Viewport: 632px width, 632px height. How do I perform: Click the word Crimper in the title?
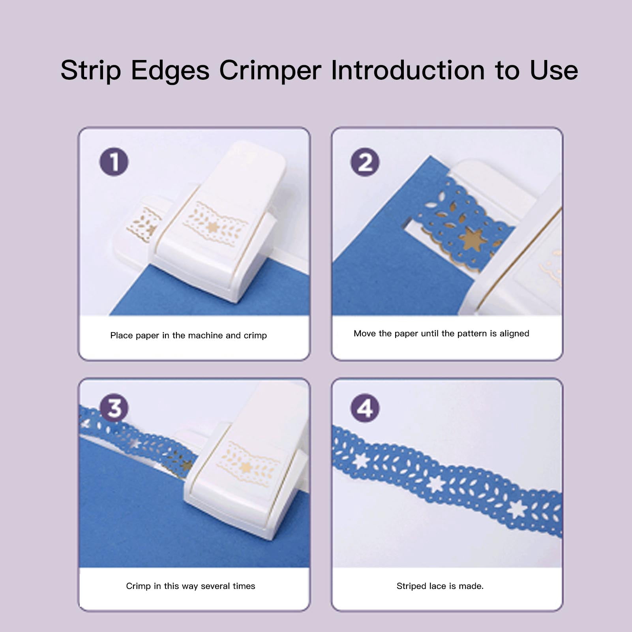click(x=270, y=71)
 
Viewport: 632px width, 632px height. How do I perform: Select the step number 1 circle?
click(x=114, y=162)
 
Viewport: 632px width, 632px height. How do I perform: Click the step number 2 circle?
click(x=365, y=162)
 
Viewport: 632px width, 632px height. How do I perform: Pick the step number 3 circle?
click(x=114, y=408)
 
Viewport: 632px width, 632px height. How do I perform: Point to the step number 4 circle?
click(x=365, y=408)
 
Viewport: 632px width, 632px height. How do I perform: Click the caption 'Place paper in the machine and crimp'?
click(x=189, y=336)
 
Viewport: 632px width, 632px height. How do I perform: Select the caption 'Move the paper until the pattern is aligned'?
click(x=441, y=334)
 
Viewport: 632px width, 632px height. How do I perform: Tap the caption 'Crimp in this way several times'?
click(x=191, y=586)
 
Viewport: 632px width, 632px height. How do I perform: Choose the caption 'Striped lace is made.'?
click(x=440, y=586)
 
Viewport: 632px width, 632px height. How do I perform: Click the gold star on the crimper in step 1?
click(x=213, y=227)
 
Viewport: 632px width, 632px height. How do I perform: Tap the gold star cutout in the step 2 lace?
click(x=473, y=239)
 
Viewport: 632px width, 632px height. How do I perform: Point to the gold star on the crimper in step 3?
click(x=246, y=468)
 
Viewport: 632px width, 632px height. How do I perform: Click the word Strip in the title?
click(x=91, y=71)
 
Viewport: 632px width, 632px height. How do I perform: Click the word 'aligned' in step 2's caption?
click(x=514, y=334)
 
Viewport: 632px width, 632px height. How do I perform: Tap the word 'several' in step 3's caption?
click(x=214, y=586)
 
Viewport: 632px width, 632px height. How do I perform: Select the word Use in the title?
click(x=554, y=71)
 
